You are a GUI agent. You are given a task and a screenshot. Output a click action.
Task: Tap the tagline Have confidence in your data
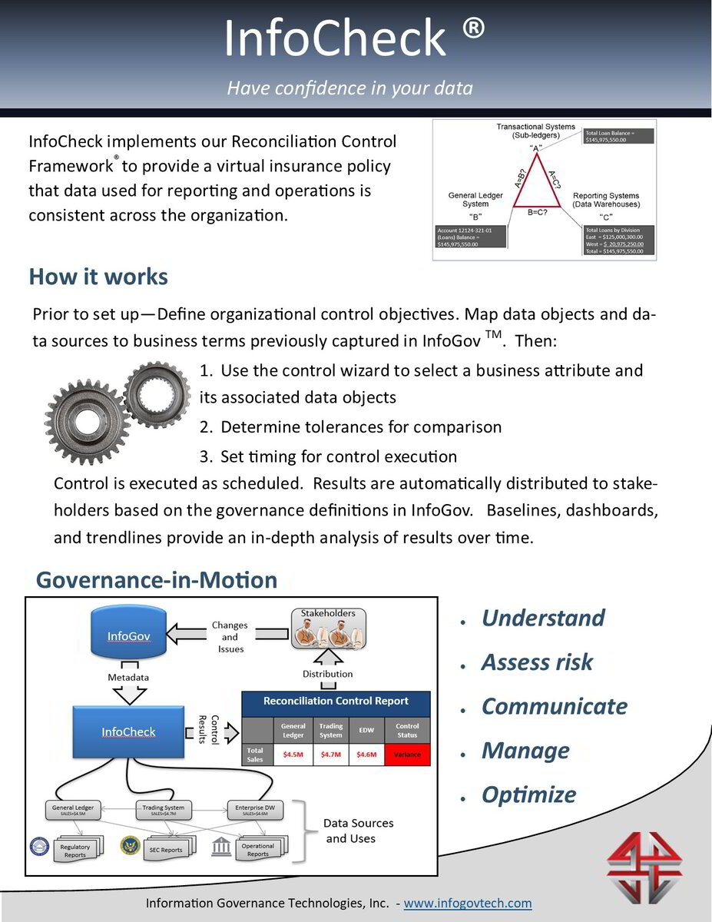click(349, 88)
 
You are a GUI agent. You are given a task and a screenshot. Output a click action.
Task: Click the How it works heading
click(98, 277)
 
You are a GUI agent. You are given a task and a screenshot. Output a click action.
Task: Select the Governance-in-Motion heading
click(157, 579)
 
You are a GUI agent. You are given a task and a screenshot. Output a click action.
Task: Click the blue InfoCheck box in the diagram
click(128, 731)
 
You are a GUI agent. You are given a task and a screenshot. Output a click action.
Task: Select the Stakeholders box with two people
click(328, 631)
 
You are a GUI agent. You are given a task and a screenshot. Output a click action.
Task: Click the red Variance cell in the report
click(407, 755)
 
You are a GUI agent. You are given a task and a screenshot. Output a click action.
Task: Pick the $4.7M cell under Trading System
click(331, 755)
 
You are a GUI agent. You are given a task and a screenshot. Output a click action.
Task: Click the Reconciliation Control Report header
click(336, 701)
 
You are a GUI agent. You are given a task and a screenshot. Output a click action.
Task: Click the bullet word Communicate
click(554, 707)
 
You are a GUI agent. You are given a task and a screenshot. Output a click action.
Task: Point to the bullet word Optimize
click(528, 794)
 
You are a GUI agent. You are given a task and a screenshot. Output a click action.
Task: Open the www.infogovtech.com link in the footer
click(467, 903)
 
